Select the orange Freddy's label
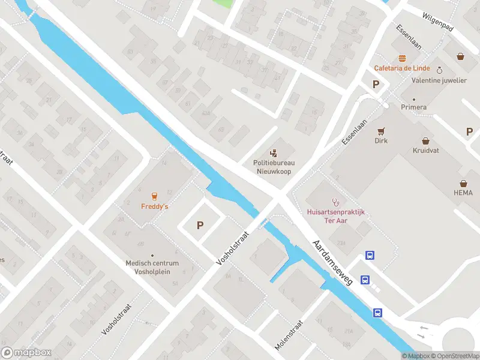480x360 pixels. click(x=154, y=206)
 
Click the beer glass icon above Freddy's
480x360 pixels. click(x=154, y=196)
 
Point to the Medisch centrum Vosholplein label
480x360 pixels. click(x=152, y=267)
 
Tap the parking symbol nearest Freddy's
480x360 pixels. click(x=200, y=226)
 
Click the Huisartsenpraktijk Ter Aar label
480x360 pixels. click(x=335, y=215)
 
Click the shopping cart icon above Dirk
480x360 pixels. click(x=380, y=131)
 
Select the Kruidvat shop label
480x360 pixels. click(x=425, y=150)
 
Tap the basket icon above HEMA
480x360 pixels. click(x=463, y=183)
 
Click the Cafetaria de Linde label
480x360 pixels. click(x=400, y=68)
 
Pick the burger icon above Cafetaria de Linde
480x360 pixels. click(x=401, y=58)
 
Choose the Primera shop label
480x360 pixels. click(x=414, y=107)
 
